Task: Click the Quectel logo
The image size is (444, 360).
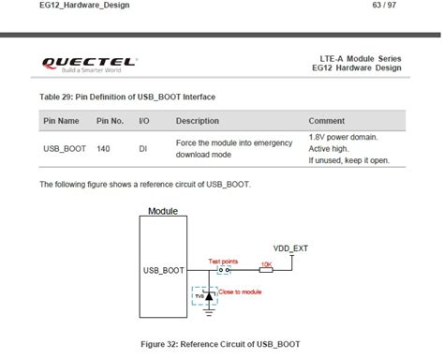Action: pos(89,64)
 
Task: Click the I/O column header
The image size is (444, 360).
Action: pos(144,121)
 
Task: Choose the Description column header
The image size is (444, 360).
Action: pos(197,121)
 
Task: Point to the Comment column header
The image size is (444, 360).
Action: pos(327,121)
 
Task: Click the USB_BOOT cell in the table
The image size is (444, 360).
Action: pos(63,148)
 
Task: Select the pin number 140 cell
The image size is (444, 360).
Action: pos(103,148)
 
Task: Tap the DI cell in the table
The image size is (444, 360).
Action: pos(143,148)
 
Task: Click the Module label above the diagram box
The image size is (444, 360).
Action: pos(163,211)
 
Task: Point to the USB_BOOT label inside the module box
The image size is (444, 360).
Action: pos(163,269)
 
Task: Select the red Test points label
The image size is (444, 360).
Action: pos(223,261)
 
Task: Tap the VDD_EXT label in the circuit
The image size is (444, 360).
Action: pos(290,248)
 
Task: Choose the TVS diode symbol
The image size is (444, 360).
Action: pos(210,295)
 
